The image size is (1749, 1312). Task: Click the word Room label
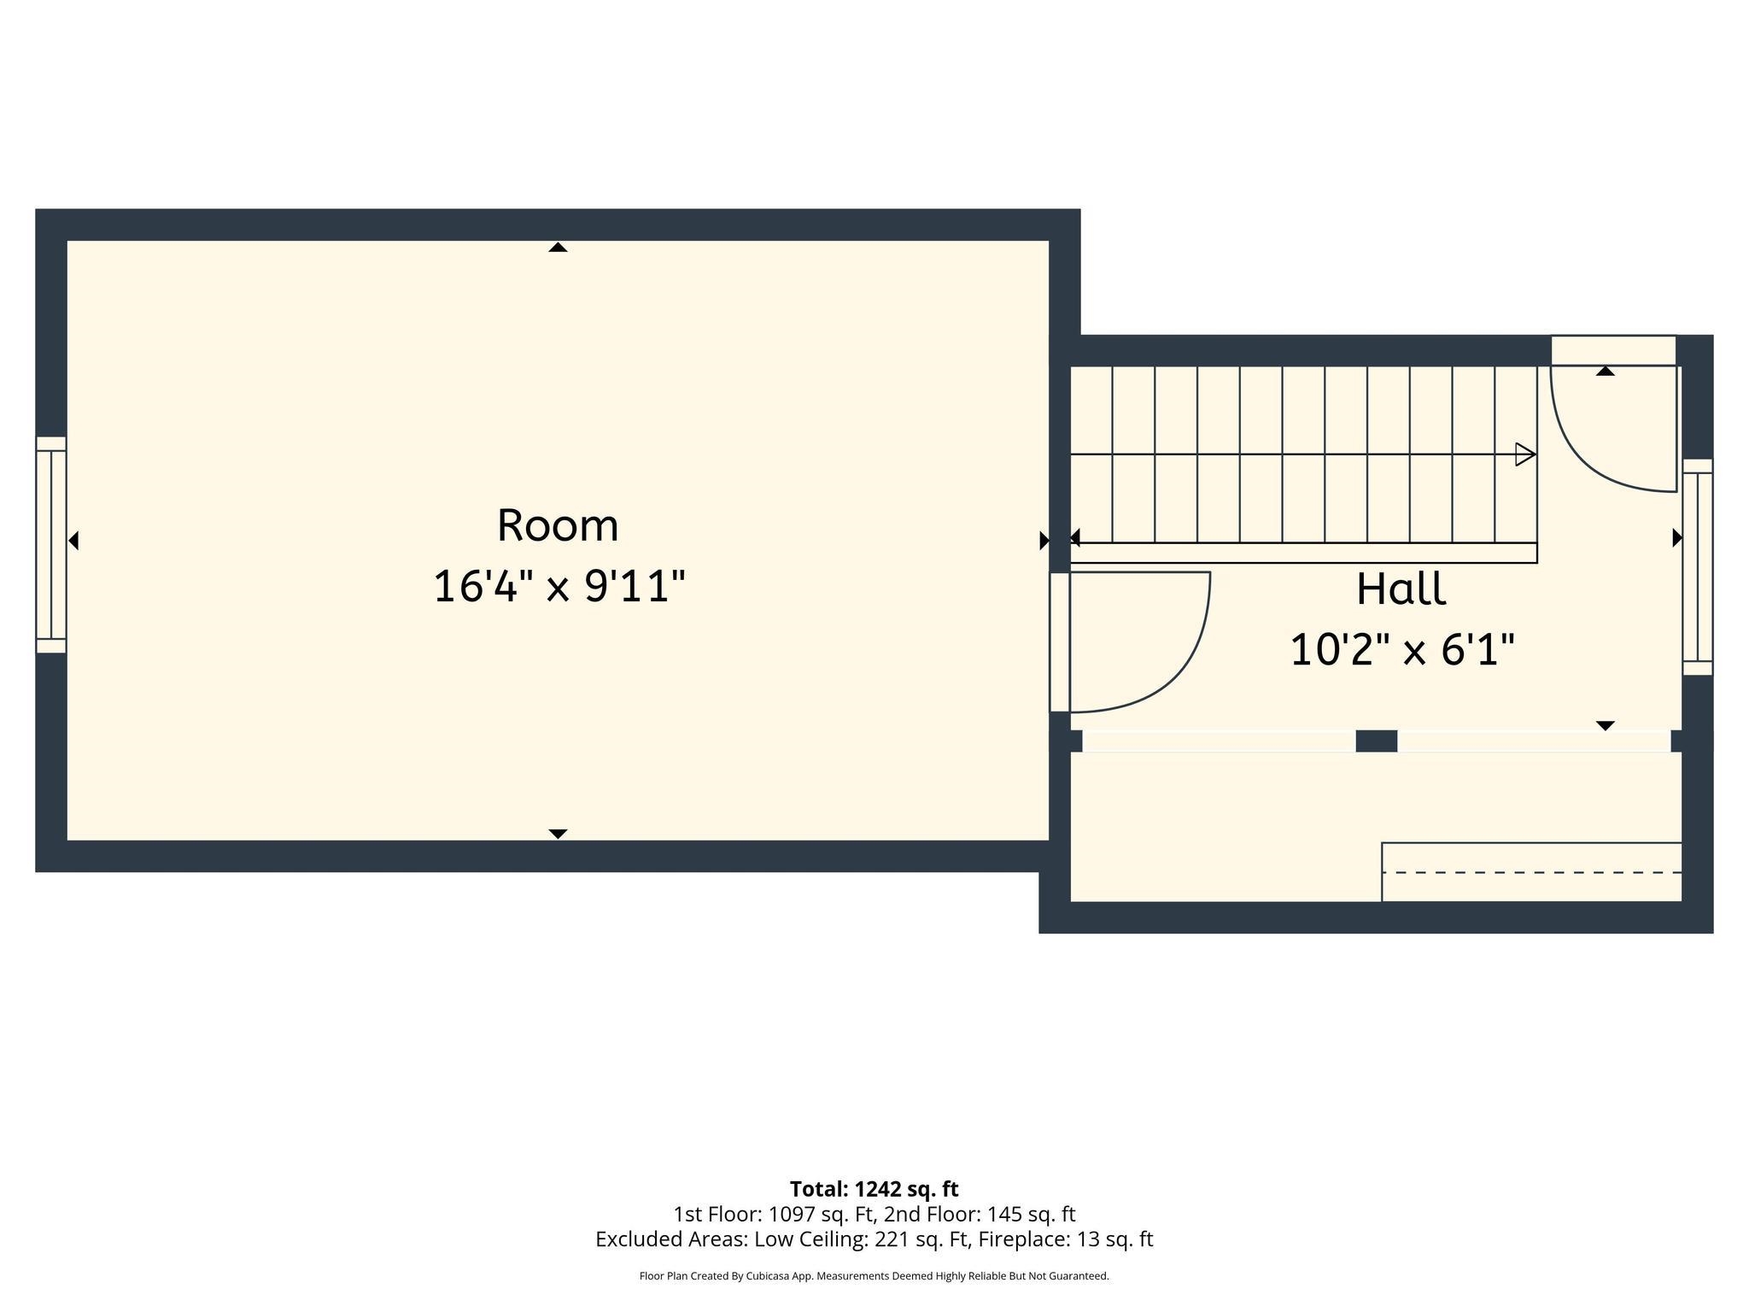pyautogui.click(x=558, y=524)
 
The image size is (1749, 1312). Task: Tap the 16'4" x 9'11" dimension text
pyautogui.click(x=559, y=587)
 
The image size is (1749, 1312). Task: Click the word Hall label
pyautogui.click(x=1401, y=589)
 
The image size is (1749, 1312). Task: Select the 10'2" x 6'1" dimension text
pyautogui.click(x=1401, y=650)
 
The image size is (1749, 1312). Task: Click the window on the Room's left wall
pyautogui.click(x=51, y=545)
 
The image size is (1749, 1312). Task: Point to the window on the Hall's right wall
pyautogui.click(x=1698, y=567)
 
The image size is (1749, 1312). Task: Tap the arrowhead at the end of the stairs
pyautogui.click(x=1525, y=454)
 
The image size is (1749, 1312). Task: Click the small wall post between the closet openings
pyautogui.click(x=1377, y=741)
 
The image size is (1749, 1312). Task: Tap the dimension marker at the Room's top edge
pyautogui.click(x=558, y=247)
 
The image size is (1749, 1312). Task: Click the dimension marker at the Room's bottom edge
pyautogui.click(x=558, y=834)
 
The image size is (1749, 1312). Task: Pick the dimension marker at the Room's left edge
pyautogui.click(x=73, y=541)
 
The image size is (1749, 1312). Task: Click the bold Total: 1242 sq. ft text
pyautogui.click(x=874, y=1189)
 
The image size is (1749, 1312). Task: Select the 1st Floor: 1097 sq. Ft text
pyautogui.click(x=775, y=1214)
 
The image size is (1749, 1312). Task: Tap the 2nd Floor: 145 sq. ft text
pyautogui.click(x=980, y=1214)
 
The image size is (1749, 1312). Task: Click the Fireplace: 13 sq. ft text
pyautogui.click(x=1066, y=1239)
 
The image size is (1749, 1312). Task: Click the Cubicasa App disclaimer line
pyautogui.click(x=874, y=1276)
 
